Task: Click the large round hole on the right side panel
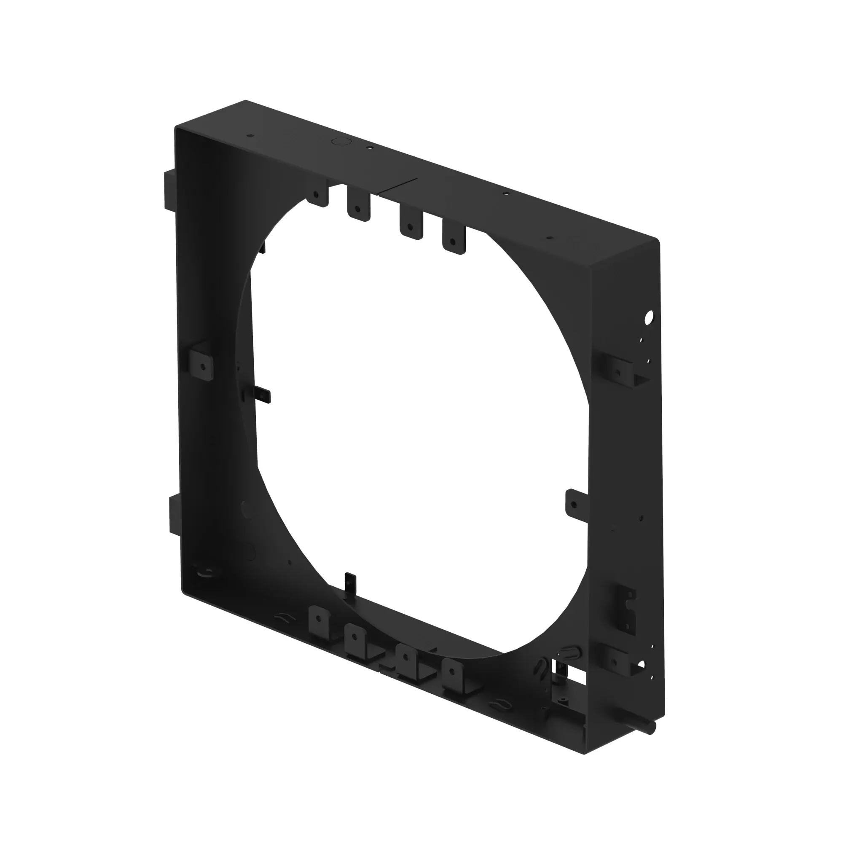649,317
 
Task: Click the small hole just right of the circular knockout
369,148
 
